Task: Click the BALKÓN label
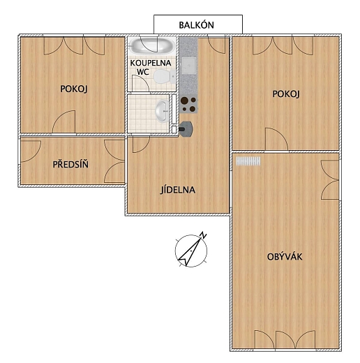coord(196,25)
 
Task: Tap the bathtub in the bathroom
coord(152,45)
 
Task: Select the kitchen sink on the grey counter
coord(188,66)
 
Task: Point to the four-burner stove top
coord(188,105)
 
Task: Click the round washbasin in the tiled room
coord(162,111)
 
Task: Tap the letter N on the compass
coord(204,235)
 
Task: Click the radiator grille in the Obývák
coord(248,161)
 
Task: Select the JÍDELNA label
coord(178,190)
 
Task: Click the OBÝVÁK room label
coord(285,256)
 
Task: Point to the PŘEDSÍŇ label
coord(70,164)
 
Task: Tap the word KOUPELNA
coord(151,63)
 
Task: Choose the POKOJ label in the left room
coord(74,89)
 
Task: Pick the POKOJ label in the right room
coord(286,94)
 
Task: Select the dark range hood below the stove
coord(186,129)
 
